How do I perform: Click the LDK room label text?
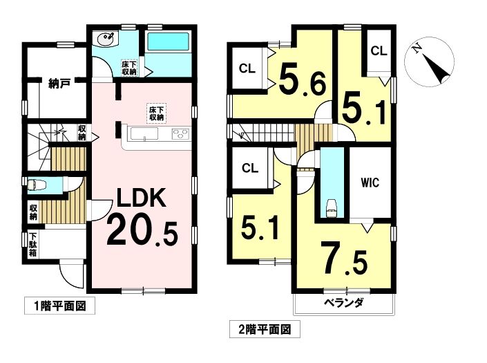pyautogui.click(x=141, y=198)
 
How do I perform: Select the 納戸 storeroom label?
pyautogui.click(x=59, y=83)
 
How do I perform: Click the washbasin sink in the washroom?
pyautogui.click(x=106, y=39)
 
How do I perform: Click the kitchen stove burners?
pyautogui.click(x=180, y=134)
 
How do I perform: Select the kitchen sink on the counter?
pyautogui.click(x=144, y=134)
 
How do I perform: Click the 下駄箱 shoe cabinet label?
pyautogui.click(x=33, y=245)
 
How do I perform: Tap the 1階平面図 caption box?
pyautogui.click(x=59, y=306)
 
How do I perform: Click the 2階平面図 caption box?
pyautogui.click(x=265, y=329)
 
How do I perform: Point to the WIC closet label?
pyautogui.click(x=370, y=183)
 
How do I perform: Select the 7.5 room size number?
pyautogui.click(x=344, y=259)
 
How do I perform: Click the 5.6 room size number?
pyautogui.click(x=303, y=80)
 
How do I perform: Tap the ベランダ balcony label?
pyautogui.click(x=344, y=302)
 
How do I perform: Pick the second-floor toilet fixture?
pyautogui.click(x=332, y=207)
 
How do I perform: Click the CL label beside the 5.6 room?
pyautogui.click(x=247, y=68)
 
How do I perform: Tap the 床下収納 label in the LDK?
pyautogui.click(x=157, y=114)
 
